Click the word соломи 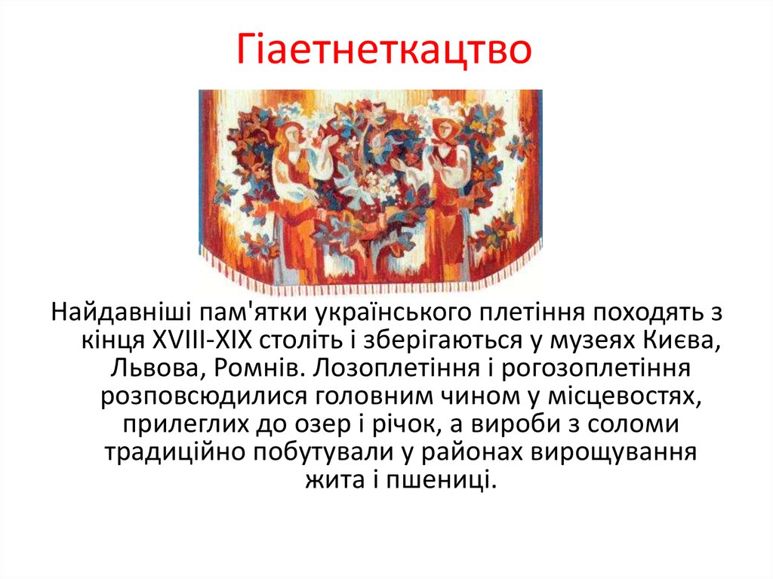[633, 423]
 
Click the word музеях [591, 340]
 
